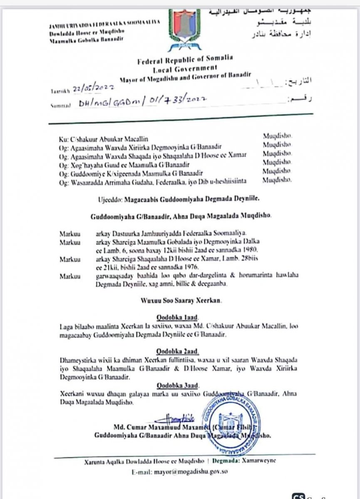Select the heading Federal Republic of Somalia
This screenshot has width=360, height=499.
point(186,61)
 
